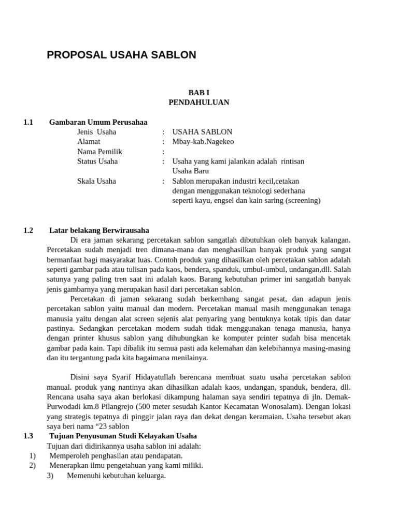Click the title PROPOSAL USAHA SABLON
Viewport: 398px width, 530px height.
[121, 55]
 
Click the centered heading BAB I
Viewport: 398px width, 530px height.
[198, 92]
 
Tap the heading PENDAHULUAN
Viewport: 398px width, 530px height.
[198, 102]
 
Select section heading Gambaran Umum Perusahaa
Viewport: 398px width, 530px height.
[98, 122]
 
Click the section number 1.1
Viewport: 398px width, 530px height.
[28, 122]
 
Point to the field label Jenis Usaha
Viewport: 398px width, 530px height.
[96, 132]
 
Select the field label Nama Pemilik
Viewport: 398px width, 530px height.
[99, 152]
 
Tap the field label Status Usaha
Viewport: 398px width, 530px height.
[97, 161]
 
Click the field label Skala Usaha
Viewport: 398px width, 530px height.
[96, 181]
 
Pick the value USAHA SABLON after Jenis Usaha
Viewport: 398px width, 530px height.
[202, 132]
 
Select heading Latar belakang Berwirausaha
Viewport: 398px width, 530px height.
[99, 230]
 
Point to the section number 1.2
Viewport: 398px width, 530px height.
[28, 230]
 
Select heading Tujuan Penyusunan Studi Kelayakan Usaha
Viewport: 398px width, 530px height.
[123, 436]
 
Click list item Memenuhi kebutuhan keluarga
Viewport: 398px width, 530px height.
[116, 475]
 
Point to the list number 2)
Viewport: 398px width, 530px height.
[32, 465]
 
